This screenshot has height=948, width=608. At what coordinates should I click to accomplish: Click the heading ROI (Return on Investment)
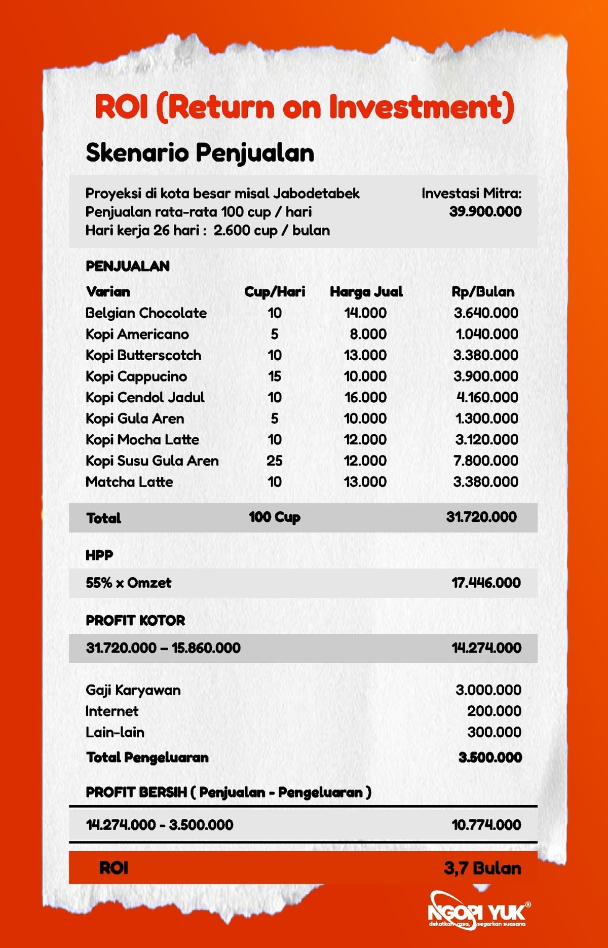304,107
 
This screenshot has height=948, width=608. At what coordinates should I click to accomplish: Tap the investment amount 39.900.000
485,212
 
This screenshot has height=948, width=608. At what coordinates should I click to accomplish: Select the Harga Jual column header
366,292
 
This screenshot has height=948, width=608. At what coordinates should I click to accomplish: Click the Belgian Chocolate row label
146,313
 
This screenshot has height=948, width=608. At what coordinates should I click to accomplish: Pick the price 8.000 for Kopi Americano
368,334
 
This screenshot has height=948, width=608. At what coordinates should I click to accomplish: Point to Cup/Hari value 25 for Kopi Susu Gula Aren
274,461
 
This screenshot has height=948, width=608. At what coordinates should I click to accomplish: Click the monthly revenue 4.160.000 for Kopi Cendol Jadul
487,398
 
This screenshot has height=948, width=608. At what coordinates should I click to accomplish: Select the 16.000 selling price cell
365,398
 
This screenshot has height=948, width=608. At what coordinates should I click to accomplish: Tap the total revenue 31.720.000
481,517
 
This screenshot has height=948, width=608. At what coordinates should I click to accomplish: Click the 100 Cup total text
274,517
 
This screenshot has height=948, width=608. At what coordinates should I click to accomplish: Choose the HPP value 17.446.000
485,583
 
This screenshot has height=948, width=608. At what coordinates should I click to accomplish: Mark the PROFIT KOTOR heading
135,621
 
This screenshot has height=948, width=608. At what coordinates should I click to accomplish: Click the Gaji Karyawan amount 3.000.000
488,690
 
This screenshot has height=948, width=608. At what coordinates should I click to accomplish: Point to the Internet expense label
111,711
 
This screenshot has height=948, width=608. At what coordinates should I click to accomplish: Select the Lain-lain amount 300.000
493,733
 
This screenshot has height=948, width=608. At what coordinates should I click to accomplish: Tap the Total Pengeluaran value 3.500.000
489,758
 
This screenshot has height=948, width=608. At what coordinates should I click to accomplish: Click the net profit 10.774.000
486,825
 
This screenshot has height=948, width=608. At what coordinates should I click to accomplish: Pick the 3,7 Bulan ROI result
482,868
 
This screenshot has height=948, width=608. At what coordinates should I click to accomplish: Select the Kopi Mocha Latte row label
142,440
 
